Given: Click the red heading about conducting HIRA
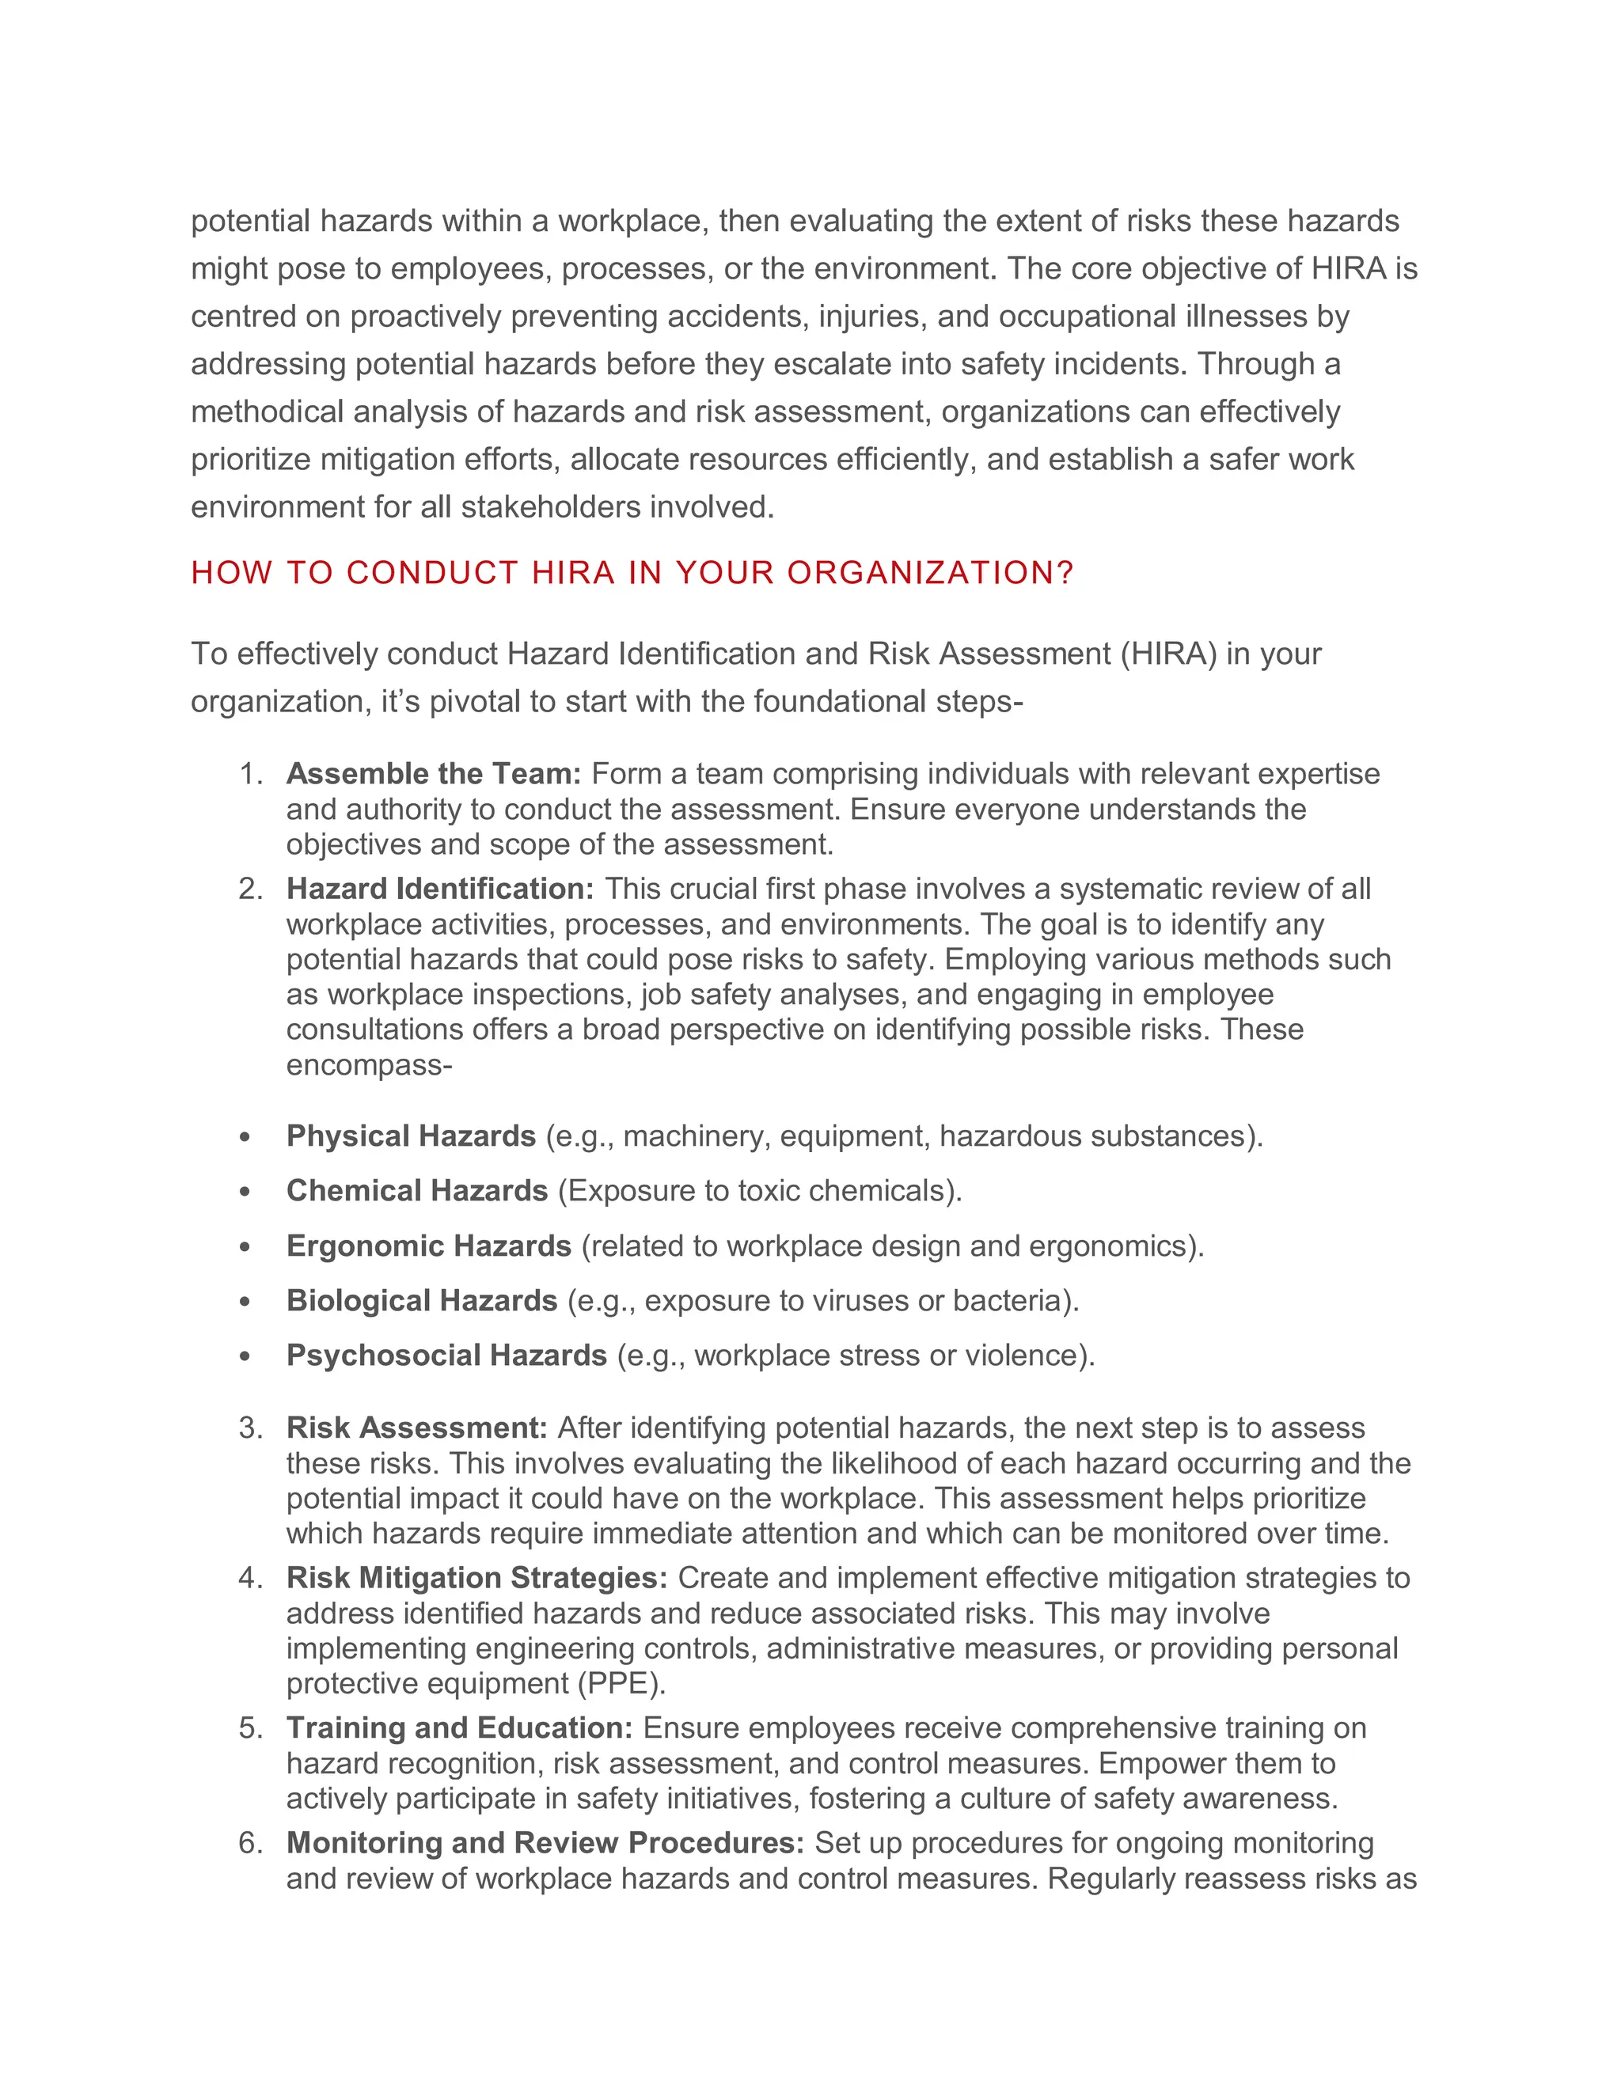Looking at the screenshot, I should click(x=632, y=573).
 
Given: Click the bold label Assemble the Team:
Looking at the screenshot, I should click(x=434, y=774).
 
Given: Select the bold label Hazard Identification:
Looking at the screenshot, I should click(x=441, y=889).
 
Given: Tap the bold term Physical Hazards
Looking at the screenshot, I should click(x=411, y=1137).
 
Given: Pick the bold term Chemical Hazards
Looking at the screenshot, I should click(x=417, y=1192).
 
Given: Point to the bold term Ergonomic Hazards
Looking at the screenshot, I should click(x=428, y=1246).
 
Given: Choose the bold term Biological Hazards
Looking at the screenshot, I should click(x=422, y=1301).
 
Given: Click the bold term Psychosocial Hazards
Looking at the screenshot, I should click(x=446, y=1356).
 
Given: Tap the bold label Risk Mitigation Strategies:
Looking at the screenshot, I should click(x=476, y=1579).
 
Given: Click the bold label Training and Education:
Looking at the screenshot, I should click(x=459, y=1728).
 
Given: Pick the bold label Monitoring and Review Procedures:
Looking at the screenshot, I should click(x=545, y=1844).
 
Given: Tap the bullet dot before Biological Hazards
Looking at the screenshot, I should click(x=246, y=1302).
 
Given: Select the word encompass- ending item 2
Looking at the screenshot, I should click(x=369, y=1066).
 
